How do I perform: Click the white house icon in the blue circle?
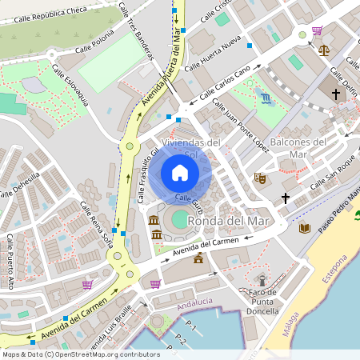point(179,173)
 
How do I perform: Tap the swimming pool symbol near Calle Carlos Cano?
point(266,98)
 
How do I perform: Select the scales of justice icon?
point(323,50)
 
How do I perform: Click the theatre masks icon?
point(259,178)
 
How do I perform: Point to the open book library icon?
point(304,228)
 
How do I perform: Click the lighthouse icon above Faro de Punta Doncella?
point(262,281)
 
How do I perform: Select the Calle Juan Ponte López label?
point(240,130)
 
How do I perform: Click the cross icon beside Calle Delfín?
point(336,94)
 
